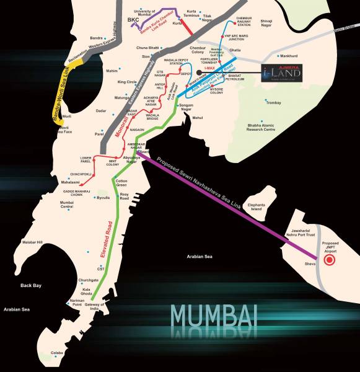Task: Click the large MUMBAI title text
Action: [214, 316]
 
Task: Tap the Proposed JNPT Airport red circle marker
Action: [330, 260]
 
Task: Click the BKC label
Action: [133, 20]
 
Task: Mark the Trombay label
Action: [273, 103]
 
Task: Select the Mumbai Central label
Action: [67, 205]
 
